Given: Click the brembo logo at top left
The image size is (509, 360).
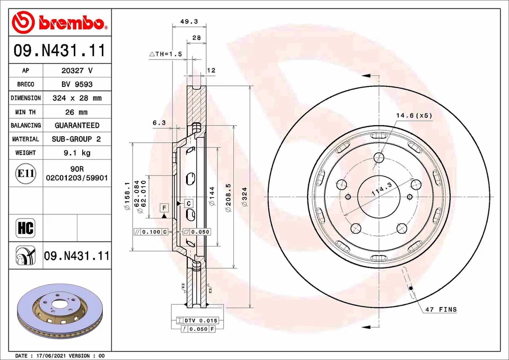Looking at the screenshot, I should click(x=60, y=22).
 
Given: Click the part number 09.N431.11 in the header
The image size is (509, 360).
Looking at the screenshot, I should click(x=59, y=51).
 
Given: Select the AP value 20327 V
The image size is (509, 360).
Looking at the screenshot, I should click(x=77, y=71).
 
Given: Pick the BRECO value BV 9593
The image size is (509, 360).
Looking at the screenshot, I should click(x=77, y=84).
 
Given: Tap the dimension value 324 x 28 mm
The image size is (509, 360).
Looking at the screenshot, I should click(x=77, y=98).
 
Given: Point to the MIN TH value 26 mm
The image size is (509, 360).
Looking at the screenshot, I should click(x=77, y=112).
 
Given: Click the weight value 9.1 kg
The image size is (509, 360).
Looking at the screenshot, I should click(x=77, y=153).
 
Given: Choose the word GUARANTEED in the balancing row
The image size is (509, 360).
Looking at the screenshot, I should click(x=77, y=126).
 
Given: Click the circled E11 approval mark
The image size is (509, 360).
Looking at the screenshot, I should click(x=25, y=173).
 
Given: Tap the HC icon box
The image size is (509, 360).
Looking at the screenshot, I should click(x=25, y=229).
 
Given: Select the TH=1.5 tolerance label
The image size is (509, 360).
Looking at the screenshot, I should click(x=165, y=54).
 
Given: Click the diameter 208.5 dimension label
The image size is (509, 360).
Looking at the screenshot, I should click(x=228, y=198).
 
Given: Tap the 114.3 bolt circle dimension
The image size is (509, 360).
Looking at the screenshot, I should click(x=381, y=189).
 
